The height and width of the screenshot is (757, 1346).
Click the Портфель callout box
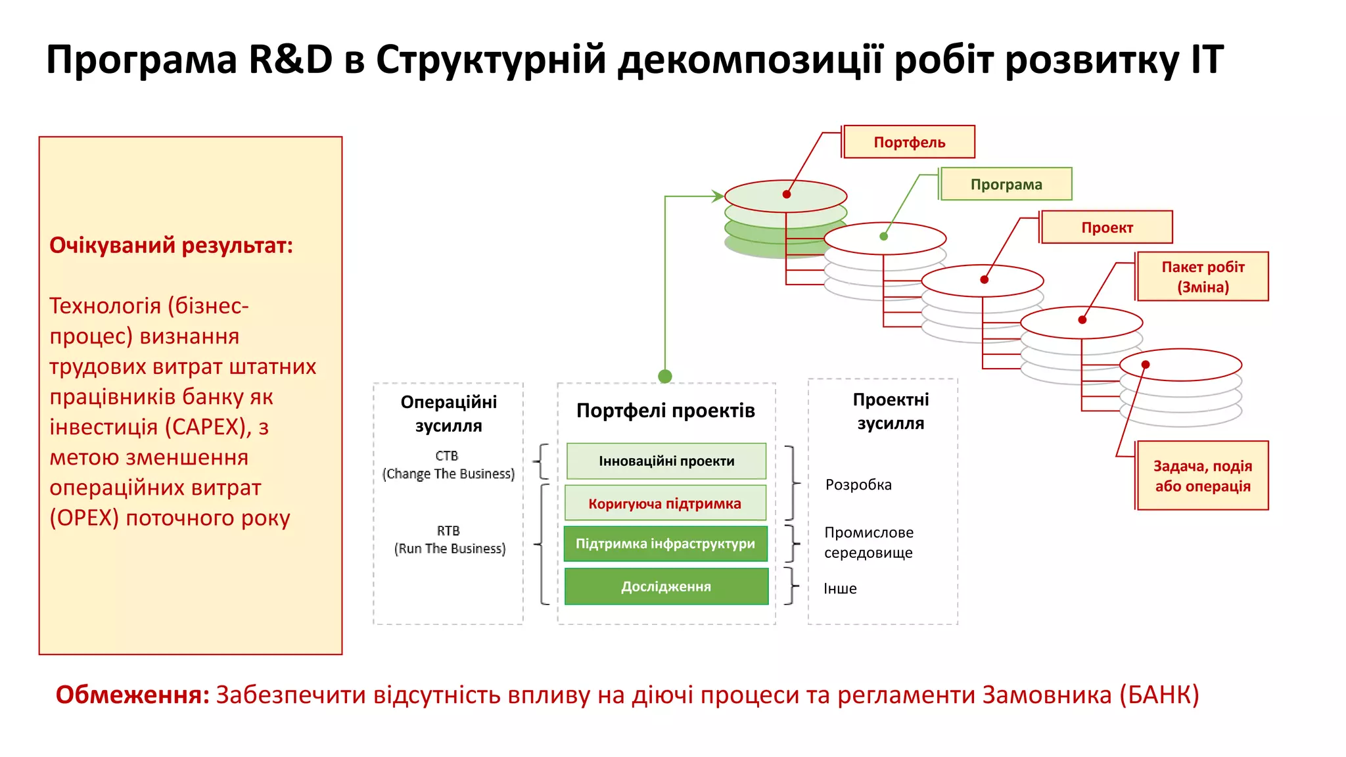click(x=909, y=142)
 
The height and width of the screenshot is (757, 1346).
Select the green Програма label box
click(x=1006, y=184)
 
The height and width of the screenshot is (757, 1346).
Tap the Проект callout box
click(x=1107, y=227)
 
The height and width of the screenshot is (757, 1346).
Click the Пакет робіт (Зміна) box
click(x=1203, y=277)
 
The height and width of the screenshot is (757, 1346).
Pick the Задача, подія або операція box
click(x=1203, y=476)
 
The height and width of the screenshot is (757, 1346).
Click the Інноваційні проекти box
click(x=666, y=461)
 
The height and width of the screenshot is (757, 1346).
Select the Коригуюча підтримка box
click(x=665, y=503)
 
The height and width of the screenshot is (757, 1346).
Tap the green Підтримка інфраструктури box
click(x=666, y=544)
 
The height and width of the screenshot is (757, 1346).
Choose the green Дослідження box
click(x=666, y=586)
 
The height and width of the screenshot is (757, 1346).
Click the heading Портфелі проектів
click(x=666, y=411)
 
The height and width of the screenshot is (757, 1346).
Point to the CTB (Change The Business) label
click(x=448, y=465)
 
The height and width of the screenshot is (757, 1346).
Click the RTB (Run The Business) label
click(x=450, y=539)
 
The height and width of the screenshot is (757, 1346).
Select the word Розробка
click(x=858, y=485)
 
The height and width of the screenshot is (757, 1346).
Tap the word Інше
click(x=840, y=589)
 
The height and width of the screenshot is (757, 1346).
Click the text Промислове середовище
click(x=869, y=542)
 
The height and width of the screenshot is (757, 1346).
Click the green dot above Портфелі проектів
click(x=665, y=377)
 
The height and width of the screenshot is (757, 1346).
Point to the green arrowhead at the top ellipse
click(x=718, y=196)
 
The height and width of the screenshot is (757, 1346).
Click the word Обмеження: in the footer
click(x=132, y=695)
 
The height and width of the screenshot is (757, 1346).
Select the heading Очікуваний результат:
click(x=171, y=245)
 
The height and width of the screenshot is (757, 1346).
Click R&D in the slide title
click(x=290, y=59)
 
